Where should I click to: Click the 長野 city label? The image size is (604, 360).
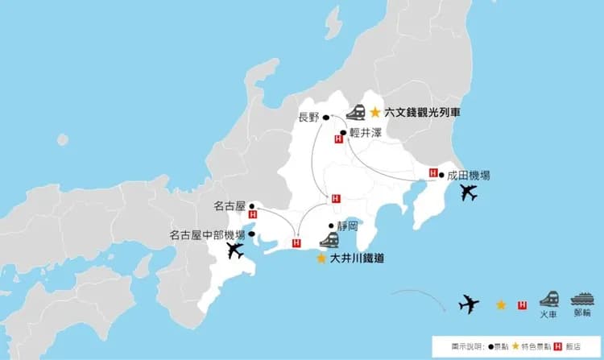[308, 118]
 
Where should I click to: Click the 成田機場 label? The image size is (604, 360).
[469, 175]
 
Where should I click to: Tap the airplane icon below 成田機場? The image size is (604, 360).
[467, 193]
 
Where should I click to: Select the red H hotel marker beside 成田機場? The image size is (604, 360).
[433, 173]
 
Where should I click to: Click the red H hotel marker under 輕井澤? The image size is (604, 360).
[337, 140]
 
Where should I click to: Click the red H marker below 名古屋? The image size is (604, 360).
[254, 215]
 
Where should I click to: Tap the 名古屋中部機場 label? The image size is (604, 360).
[207, 235]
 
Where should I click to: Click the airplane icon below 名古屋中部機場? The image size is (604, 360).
[235, 250]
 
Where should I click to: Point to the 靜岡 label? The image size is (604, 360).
[347, 226]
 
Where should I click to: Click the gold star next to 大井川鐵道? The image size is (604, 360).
[321, 259]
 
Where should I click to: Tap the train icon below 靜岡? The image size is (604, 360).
[329, 240]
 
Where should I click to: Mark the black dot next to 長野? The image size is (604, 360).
[327, 118]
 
